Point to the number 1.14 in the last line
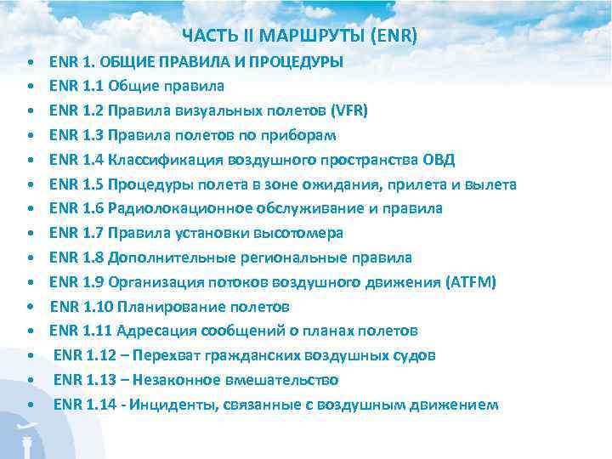tap(105, 405)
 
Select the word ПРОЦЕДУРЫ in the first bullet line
tap(296, 61)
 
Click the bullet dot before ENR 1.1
tap(30, 87)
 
